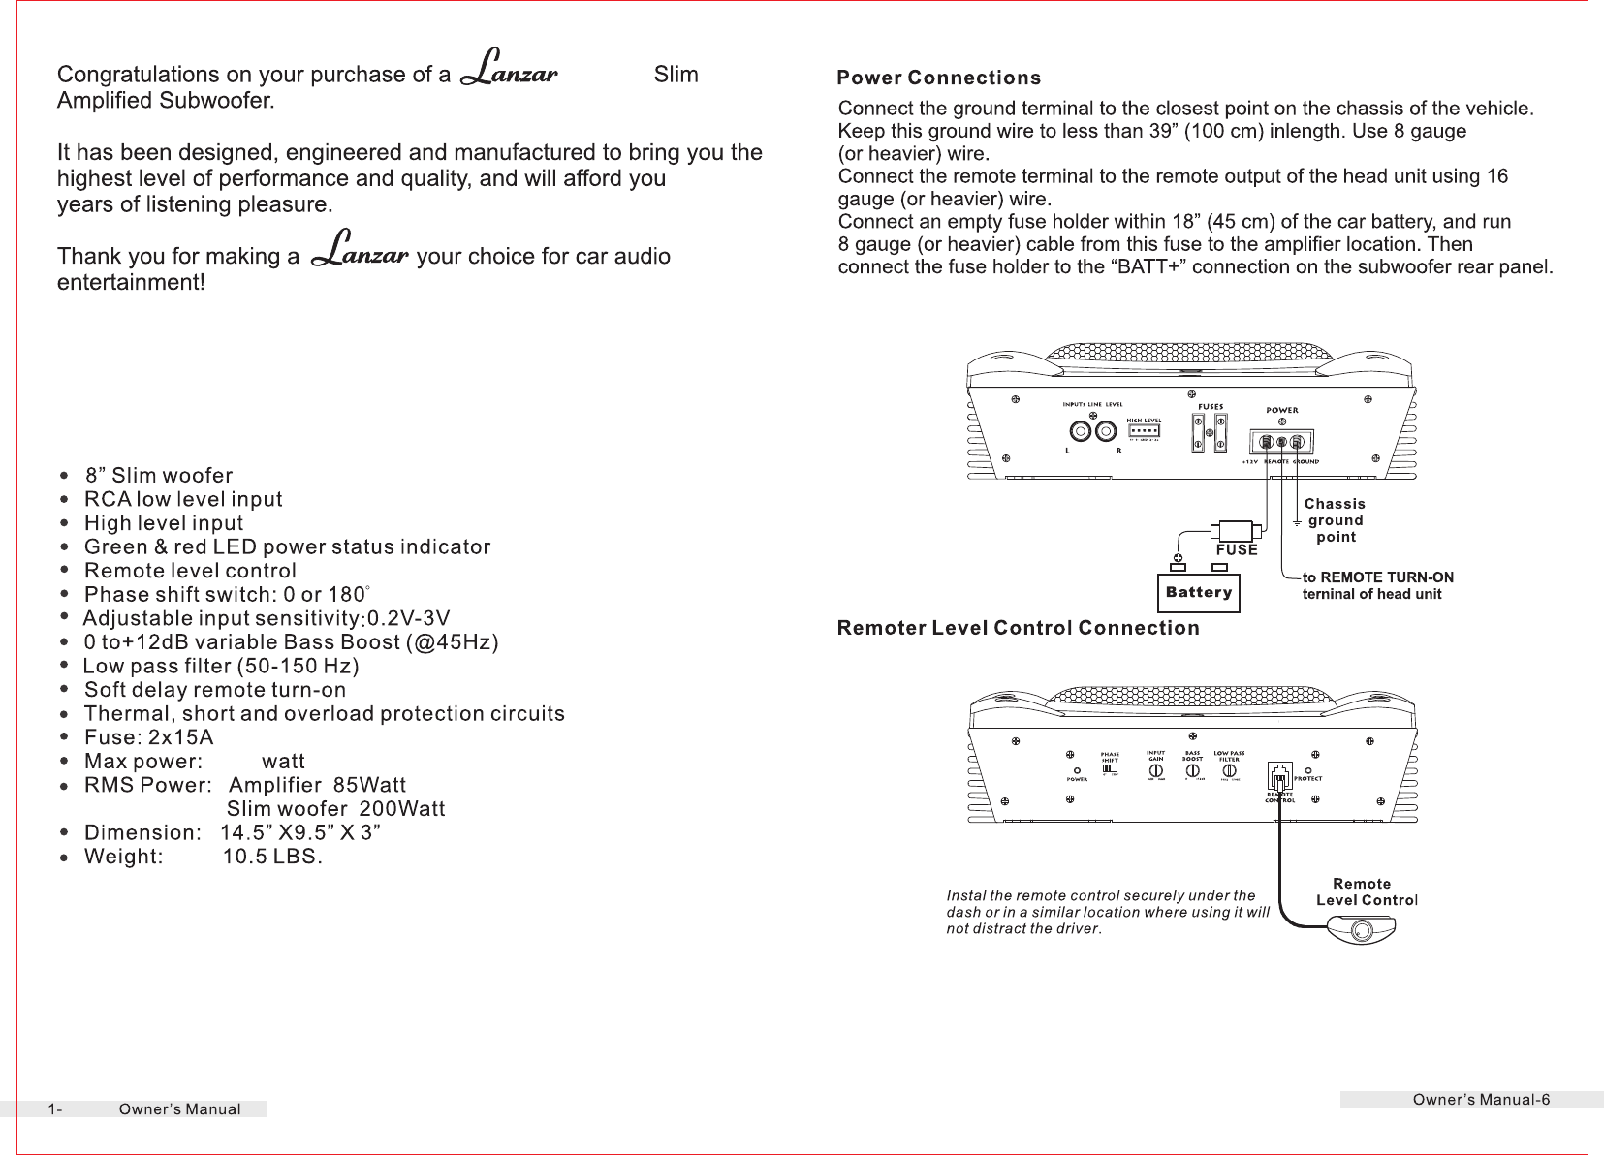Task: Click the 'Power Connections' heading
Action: [x=938, y=78]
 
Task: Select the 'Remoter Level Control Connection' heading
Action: [x=1018, y=629]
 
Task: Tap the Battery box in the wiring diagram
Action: [x=1199, y=592]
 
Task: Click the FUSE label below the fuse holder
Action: [x=1237, y=550]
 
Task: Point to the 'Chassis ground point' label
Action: [x=1335, y=520]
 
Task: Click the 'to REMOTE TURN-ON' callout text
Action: [x=1377, y=577]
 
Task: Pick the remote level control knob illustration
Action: [x=1361, y=931]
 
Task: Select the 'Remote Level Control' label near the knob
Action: [x=1365, y=892]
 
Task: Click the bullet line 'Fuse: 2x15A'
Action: [x=148, y=737]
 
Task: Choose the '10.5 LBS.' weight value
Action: [x=272, y=858]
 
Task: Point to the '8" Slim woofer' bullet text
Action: [x=159, y=476]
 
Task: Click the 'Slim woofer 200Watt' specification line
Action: [x=335, y=809]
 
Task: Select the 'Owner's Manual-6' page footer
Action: [x=1481, y=1100]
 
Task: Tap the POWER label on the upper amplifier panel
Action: [x=1282, y=410]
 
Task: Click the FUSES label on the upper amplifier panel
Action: [x=1211, y=407]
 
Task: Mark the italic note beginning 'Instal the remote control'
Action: [x=1107, y=912]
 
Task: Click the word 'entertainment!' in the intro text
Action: [x=131, y=282]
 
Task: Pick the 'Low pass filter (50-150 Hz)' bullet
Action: [x=221, y=667]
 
